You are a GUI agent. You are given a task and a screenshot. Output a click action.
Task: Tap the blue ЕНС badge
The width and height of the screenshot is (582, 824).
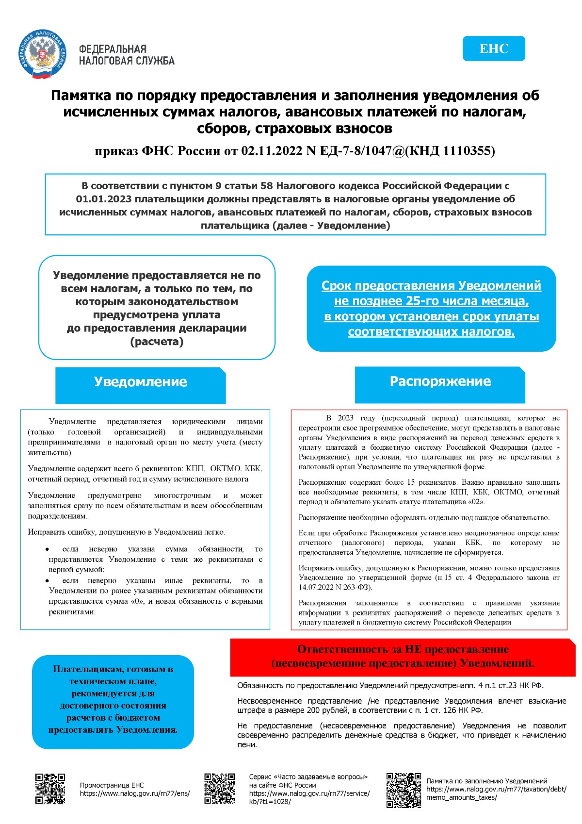[x=494, y=49]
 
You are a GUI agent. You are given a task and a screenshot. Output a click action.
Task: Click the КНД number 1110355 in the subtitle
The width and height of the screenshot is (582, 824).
[x=468, y=151]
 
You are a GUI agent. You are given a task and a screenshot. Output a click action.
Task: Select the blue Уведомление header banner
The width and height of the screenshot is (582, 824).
[x=140, y=382]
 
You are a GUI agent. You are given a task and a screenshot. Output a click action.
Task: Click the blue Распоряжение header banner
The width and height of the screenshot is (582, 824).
[x=440, y=381]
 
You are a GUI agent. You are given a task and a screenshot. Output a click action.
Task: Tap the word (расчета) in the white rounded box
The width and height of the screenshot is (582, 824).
[x=157, y=342]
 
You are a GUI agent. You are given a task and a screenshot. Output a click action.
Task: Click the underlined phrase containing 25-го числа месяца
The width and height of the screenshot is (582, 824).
[x=431, y=301]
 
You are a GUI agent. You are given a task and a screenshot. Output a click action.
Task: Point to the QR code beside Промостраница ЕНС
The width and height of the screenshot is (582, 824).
[x=50, y=789]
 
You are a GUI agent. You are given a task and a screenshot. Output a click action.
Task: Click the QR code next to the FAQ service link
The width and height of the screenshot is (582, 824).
[x=219, y=789]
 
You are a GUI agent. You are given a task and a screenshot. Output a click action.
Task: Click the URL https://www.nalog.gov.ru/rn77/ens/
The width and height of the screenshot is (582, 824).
[x=135, y=794]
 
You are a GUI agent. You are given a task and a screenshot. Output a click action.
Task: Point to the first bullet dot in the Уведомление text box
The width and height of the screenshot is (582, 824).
[x=47, y=549]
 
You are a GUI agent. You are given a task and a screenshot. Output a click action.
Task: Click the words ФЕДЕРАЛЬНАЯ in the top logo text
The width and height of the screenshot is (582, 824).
[x=113, y=49]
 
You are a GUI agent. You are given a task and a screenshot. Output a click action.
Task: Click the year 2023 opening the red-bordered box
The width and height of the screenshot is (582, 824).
[x=346, y=418]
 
